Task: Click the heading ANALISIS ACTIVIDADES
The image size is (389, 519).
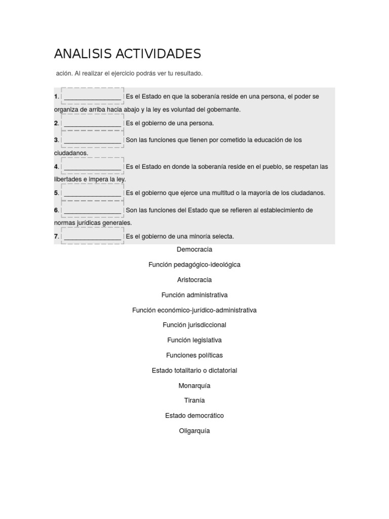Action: click(x=128, y=54)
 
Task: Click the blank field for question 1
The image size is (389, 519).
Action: click(x=93, y=96)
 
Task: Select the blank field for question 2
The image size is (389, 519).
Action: click(x=93, y=123)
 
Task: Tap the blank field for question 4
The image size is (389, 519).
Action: click(x=93, y=167)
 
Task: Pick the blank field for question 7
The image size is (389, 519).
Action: click(x=93, y=237)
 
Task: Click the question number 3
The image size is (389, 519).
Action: click(x=57, y=140)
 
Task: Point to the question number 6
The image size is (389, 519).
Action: click(x=57, y=210)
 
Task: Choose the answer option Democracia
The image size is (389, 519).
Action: click(x=194, y=249)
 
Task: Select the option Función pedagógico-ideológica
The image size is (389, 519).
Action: click(x=194, y=265)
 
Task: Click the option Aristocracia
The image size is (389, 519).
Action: click(x=194, y=280)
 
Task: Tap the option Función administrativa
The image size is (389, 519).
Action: click(x=194, y=295)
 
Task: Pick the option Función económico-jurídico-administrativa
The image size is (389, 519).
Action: click(x=194, y=310)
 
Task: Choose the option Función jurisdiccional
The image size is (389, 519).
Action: click(x=194, y=325)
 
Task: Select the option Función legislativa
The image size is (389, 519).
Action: click(x=194, y=340)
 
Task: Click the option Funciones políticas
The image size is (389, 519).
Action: click(x=194, y=355)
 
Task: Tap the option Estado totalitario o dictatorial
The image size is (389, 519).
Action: click(x=194, y=370)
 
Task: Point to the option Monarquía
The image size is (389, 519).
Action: click(x=194, y=386)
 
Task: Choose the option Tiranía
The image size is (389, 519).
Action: click(x=194, y=400)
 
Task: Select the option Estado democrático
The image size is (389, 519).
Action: click(x=194, y=416)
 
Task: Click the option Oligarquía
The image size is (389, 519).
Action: click(x=194, y=431)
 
